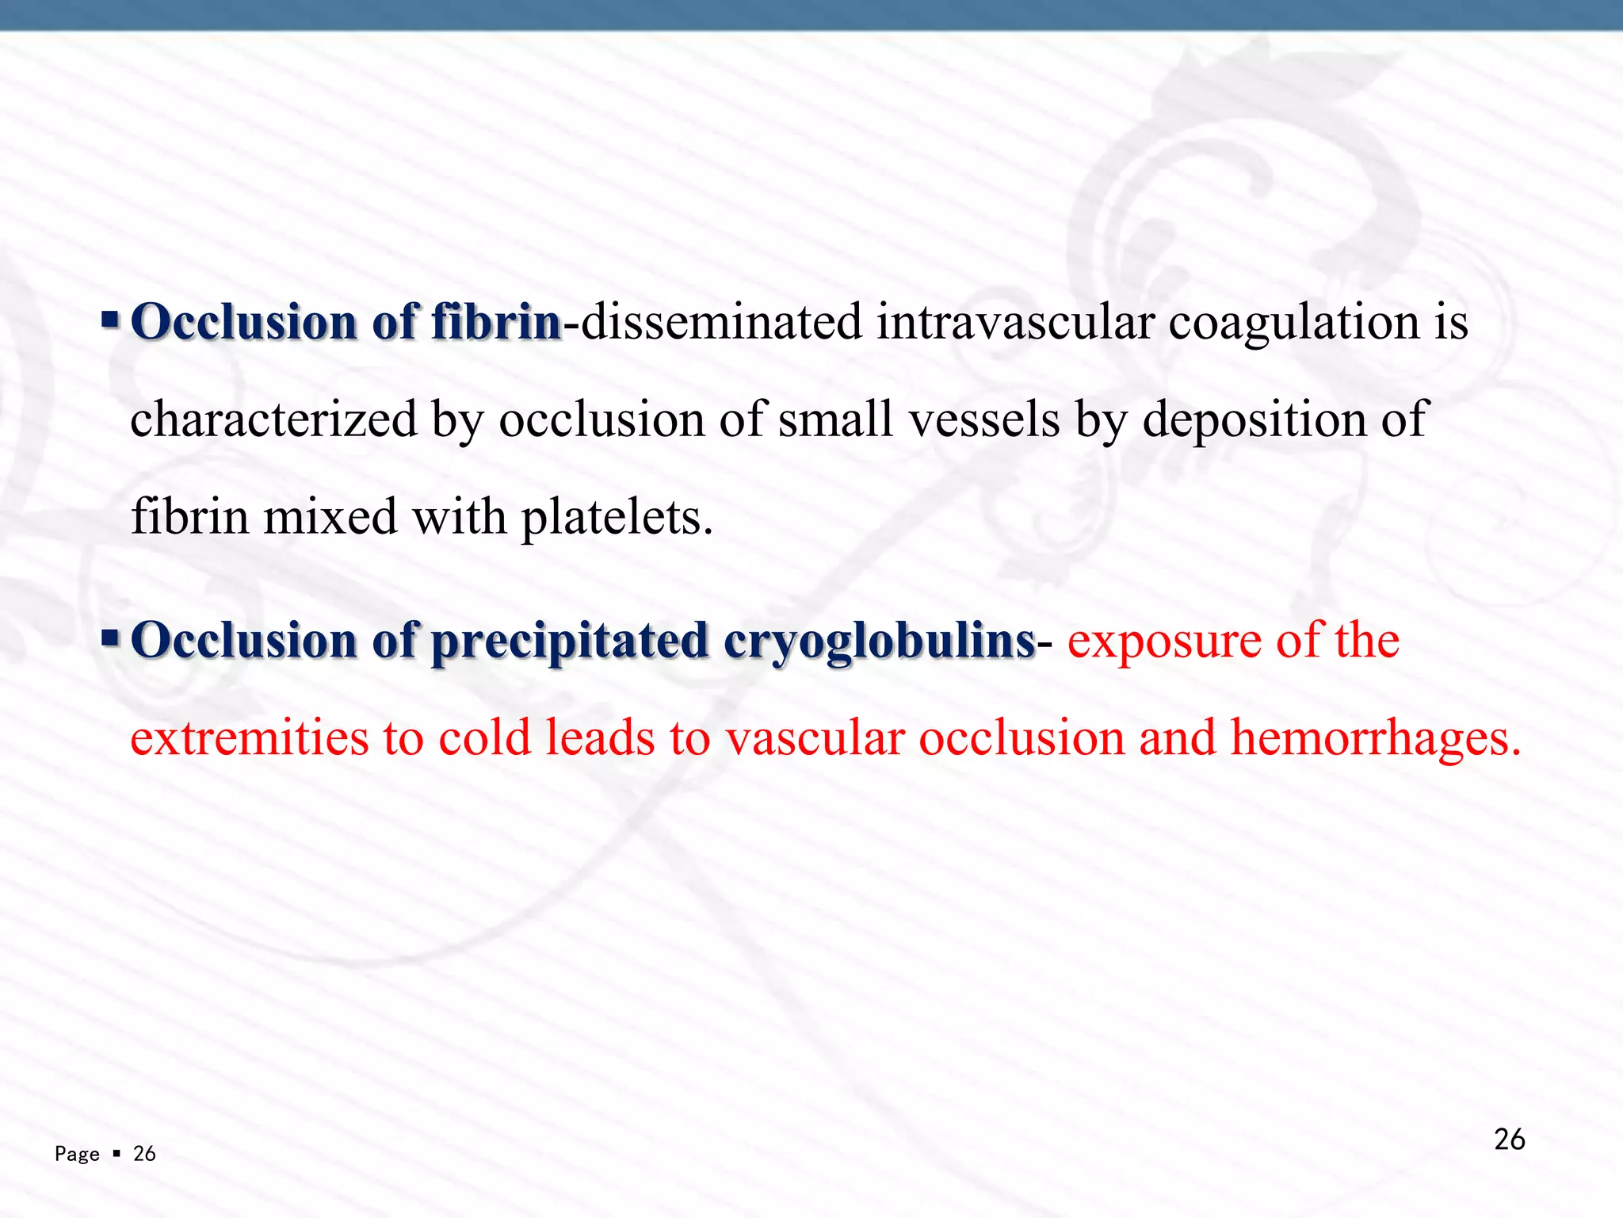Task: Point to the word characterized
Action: click(273, 419)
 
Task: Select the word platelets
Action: click(617, 518)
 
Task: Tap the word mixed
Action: click(330, 516)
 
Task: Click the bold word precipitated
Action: click(570, 641)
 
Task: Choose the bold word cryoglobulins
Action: click(879, 641)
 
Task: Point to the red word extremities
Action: click(250, 737)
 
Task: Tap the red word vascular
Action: click(815, 737)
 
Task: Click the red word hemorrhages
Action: click(1375, 737)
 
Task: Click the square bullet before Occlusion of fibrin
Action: click(110, 320)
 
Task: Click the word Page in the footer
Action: click(77, 1154)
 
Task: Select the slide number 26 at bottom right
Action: click(1509, 1139)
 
